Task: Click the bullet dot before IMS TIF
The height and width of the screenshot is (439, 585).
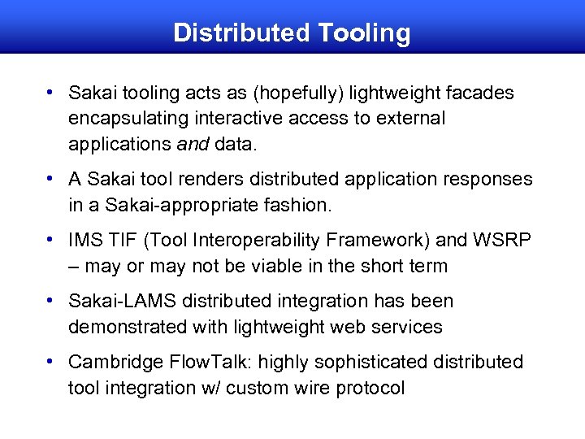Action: [x=50, y=240]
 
